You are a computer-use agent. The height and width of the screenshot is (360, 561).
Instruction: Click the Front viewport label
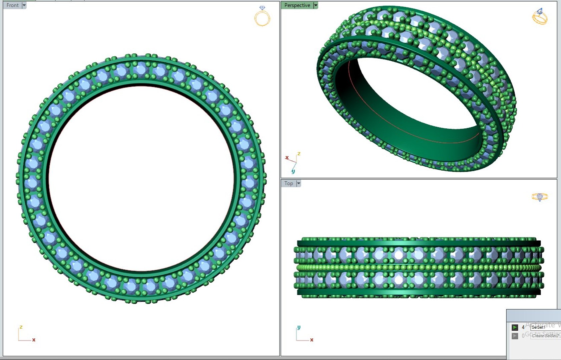(12, 5)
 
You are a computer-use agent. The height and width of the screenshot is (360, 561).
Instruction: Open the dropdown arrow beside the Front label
(24, 5)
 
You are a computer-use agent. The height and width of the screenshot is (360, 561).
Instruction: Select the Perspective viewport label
(297, 5)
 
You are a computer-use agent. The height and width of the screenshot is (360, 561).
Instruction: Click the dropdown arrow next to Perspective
(316, 5)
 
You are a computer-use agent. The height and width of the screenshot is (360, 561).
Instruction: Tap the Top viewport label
(289, 183)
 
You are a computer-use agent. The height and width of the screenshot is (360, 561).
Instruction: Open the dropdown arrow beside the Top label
(299, 183)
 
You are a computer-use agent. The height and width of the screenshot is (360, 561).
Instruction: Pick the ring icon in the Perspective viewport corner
(540, 17)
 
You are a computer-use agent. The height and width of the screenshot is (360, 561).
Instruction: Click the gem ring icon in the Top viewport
(540, 197)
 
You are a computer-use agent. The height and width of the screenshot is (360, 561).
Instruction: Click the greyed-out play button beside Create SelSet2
(515, 336)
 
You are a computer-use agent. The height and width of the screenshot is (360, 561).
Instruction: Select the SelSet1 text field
(545, 327)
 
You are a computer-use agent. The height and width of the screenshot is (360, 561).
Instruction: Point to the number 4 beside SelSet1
(523, 327)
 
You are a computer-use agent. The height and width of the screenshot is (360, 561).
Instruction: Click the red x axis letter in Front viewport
(34, 340)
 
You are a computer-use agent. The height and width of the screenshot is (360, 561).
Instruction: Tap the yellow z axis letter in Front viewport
(21, 327)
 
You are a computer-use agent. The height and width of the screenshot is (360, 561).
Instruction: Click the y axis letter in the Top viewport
(299, 327)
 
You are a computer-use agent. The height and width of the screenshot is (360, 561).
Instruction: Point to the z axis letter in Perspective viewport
(299, 154)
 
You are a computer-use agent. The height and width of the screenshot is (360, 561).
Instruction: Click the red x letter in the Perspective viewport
(287, 158)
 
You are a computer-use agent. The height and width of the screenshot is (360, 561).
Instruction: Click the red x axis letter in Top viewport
(312, 340)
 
